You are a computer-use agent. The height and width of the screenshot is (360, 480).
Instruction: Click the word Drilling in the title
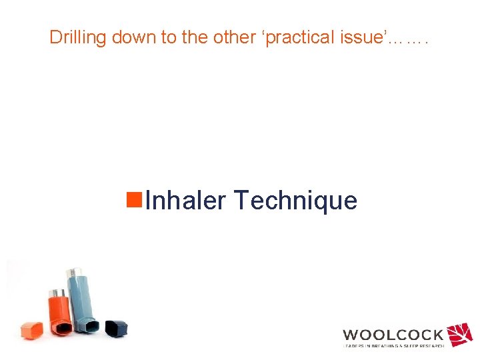(x=78, y=37)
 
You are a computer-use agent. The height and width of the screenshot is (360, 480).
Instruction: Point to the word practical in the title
(x=299, y=37)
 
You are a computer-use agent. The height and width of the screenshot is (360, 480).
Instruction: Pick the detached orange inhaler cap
(x=31, y=329)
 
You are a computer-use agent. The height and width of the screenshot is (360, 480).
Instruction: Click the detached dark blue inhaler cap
(x=117, y=327)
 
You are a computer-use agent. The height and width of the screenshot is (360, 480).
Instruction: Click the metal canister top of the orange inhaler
(x=55, y=293)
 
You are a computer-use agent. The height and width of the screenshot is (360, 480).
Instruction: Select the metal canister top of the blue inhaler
(x=73, y=273)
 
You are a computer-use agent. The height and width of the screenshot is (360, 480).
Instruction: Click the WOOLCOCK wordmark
(x=393, y=335)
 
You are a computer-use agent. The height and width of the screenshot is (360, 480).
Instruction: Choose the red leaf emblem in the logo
(x=459, y=334)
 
